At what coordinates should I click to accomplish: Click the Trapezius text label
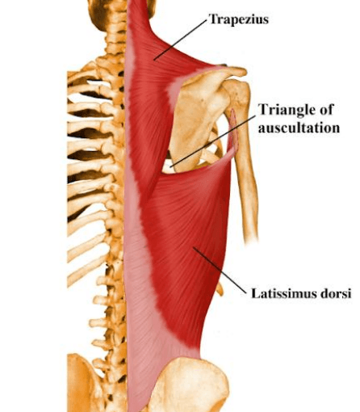pos(239,19)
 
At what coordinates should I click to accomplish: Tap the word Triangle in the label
pos(286,110)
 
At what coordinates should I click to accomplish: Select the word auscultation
pos(299,128)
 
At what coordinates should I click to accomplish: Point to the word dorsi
pos(336,293)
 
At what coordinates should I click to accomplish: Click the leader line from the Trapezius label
pos(181,40)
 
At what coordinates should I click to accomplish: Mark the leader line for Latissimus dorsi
pos(220,270)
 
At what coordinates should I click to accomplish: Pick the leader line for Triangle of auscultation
pos(213,141)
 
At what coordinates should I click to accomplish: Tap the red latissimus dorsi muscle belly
pos(188,242)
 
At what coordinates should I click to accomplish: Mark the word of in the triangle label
pos(325,110)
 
